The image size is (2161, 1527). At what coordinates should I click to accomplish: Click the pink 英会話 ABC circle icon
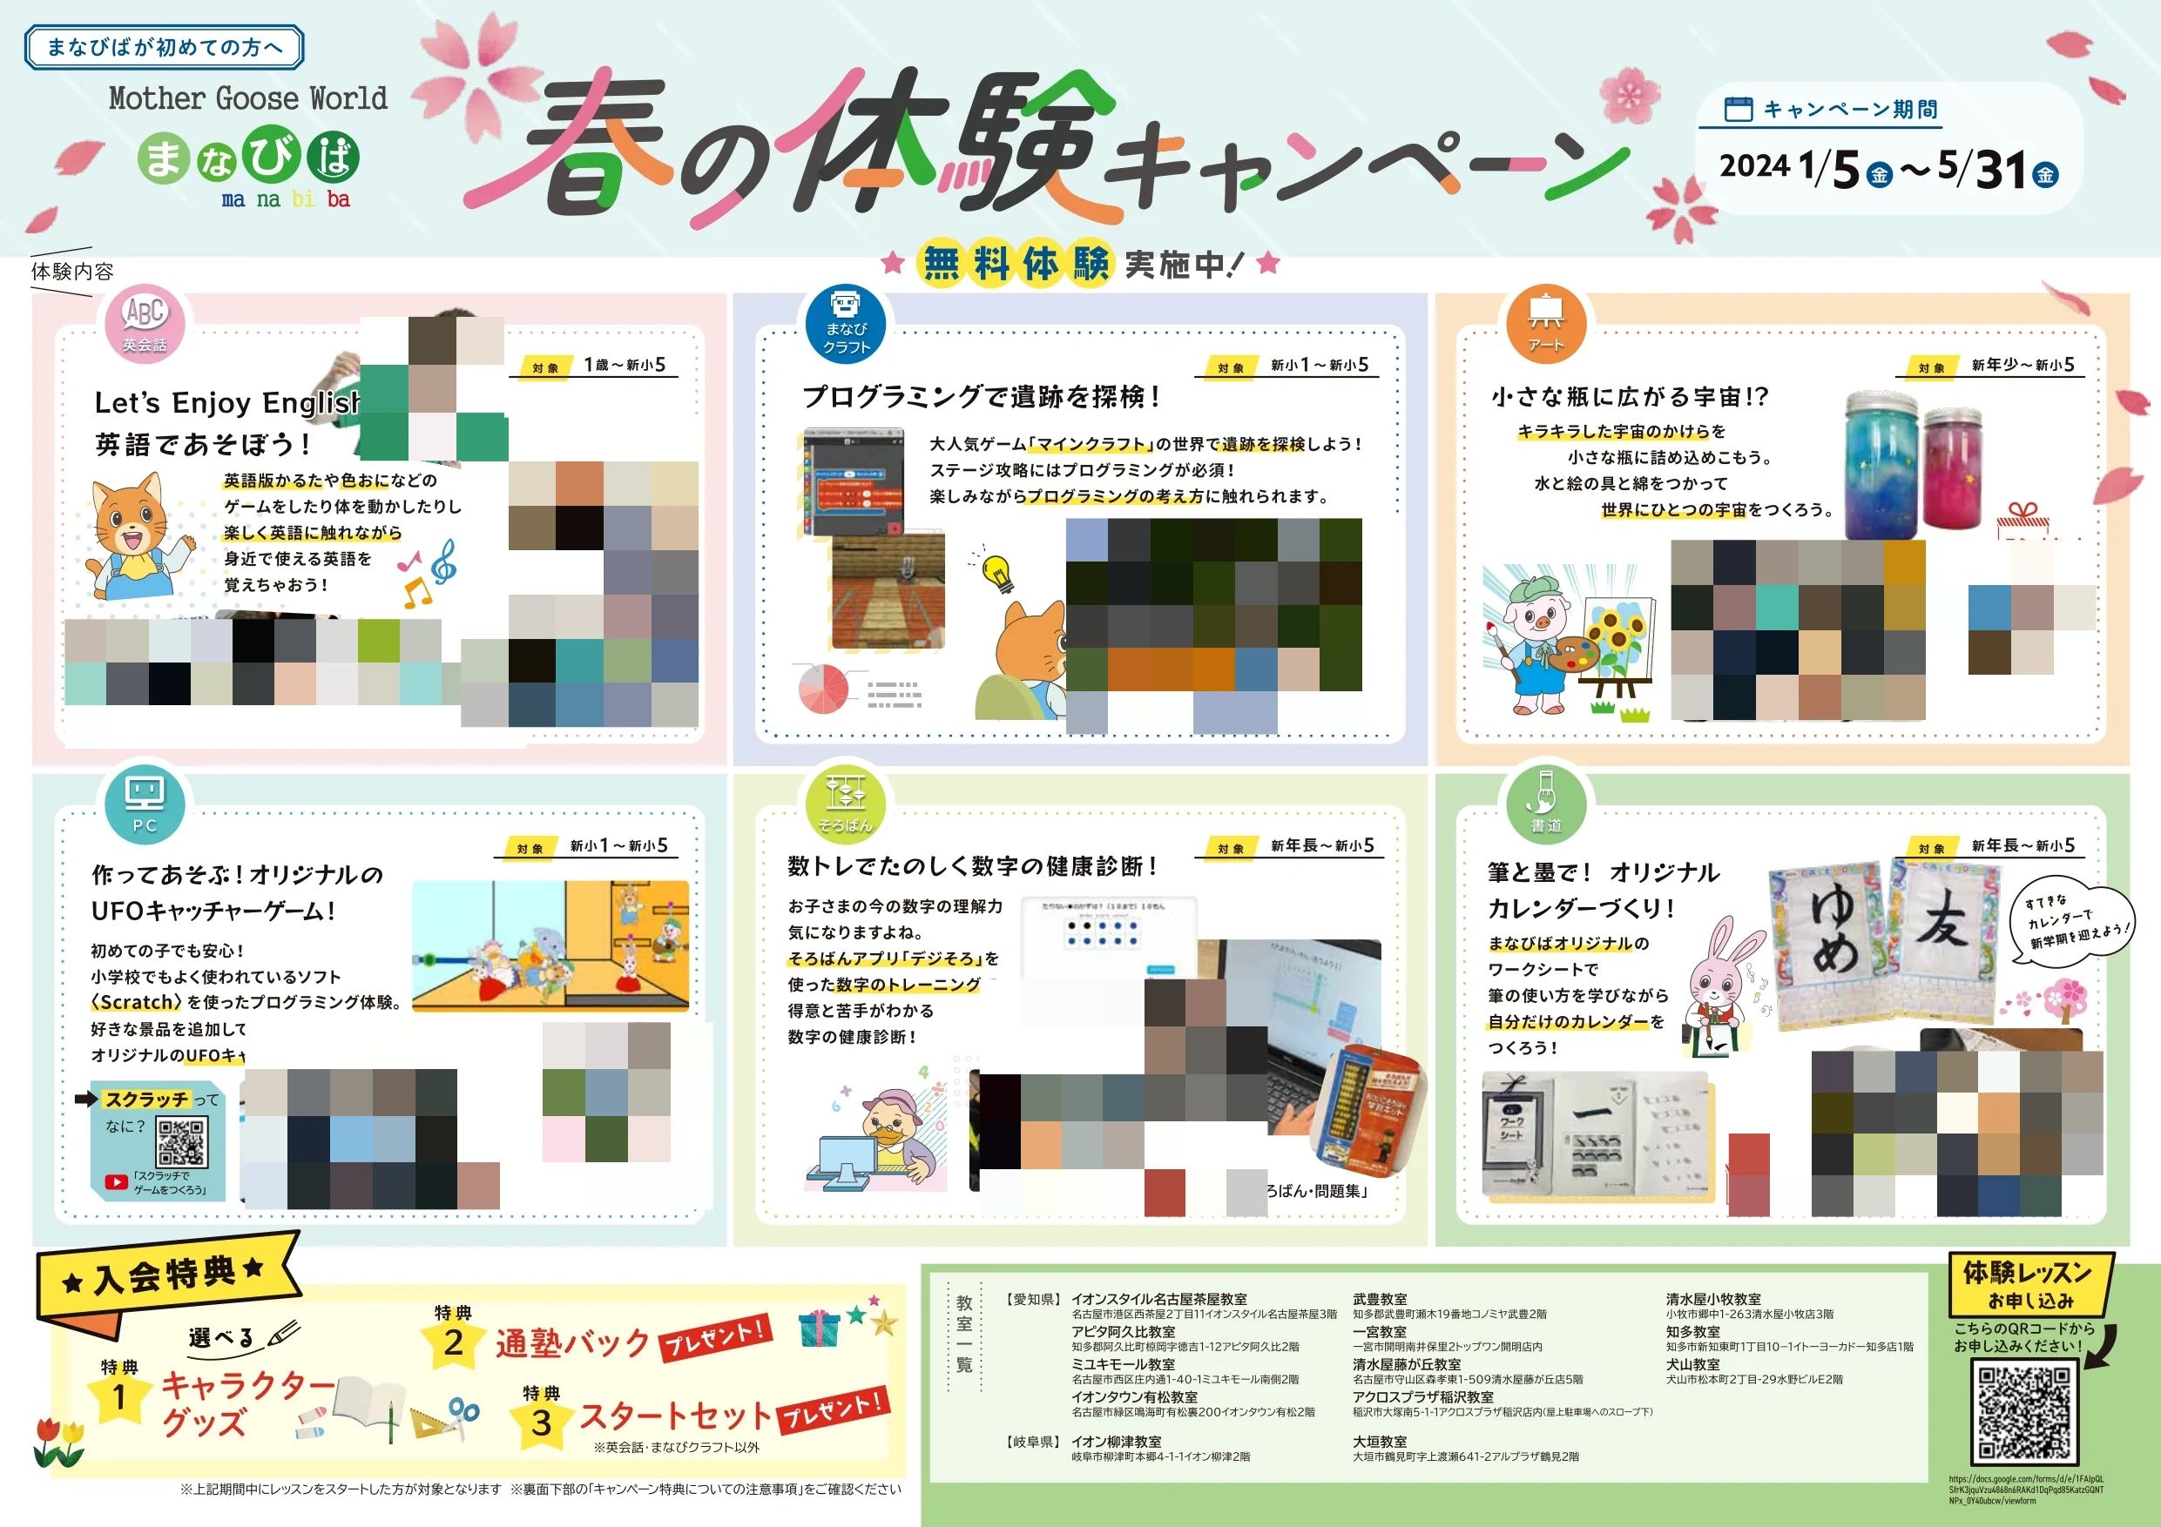[144, 323]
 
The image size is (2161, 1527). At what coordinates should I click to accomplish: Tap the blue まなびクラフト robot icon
[845, 323]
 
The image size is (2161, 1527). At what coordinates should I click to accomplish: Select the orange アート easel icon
[1545, 323]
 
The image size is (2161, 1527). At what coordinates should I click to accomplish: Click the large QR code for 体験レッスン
[2023, 1412]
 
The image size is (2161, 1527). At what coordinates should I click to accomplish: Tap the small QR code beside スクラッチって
[182, 1142]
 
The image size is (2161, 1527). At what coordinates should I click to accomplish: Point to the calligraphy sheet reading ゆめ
[1831, 941]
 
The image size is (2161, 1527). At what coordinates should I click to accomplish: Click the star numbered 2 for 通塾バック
[453, 1343]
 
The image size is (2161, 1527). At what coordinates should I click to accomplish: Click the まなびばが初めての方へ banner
[165, 47]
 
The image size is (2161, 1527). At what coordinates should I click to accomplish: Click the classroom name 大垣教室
[1380, 1442]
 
